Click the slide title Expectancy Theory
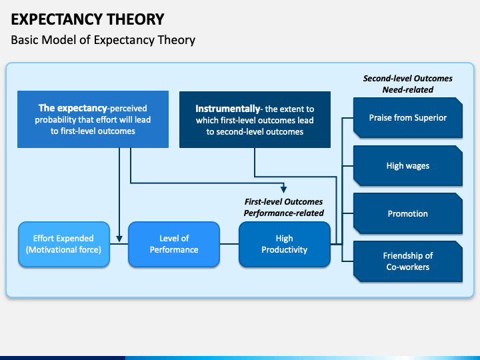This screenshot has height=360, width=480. [x=87, y=19]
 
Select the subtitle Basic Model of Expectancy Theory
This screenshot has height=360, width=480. [x=103, y=40]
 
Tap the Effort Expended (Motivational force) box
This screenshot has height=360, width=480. [x=64, y=244]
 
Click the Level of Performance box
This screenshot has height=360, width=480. [x=174, y=244]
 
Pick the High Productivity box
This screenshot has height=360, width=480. [x=285, y=244]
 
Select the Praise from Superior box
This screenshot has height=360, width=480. [x=408, y=117]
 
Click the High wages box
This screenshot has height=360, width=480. [x=408, y=165]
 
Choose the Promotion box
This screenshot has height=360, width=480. [x=408, y=213]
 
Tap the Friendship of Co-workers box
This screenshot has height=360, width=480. [x=408, y=261]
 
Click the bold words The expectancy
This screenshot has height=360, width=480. [x=73, y=108]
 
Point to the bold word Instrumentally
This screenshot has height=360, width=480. [x=228, y=109]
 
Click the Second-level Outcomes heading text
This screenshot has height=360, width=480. [x=408, y=79]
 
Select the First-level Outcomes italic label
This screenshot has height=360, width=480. [x=283, y=202]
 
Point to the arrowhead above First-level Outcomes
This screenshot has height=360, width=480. [x=284, y=188]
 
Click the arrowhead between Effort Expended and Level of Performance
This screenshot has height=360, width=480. [x=119, y=239]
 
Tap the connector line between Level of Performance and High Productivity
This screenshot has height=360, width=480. [x=229, y=244]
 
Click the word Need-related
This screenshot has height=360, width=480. [x=408, y=90]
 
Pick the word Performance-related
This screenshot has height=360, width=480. [x=283, y=213]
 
